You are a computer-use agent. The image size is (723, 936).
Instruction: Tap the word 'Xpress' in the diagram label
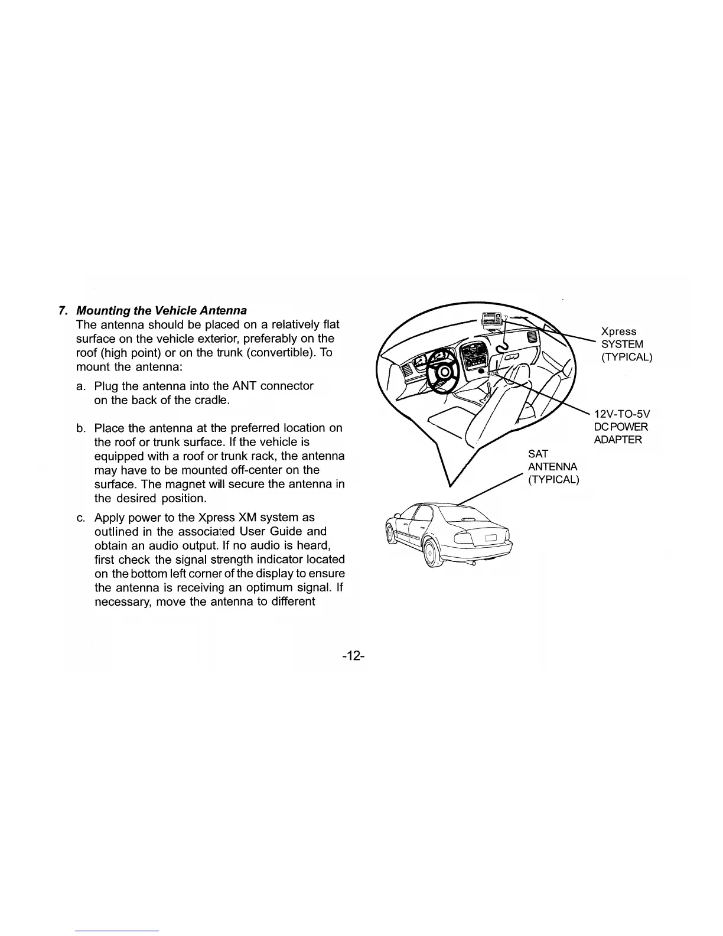[618, 331]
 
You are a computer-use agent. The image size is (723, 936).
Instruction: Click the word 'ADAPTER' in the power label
[618, 440]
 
